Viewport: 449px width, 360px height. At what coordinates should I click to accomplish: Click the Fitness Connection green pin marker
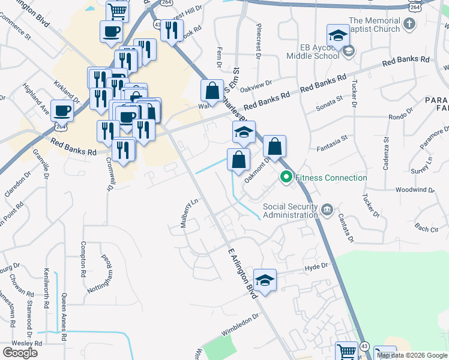(286, 178)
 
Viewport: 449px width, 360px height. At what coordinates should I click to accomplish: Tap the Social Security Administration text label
(291, 211)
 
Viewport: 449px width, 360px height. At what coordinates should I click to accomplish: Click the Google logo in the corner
(20, 353)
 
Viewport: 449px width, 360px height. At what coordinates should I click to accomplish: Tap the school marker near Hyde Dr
(265, 280)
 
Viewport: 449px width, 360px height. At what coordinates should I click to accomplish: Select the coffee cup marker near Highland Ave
(62, 110)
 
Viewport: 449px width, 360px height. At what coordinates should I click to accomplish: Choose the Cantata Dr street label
(345, 227)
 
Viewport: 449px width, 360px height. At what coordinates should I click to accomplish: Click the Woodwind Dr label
(415, 190)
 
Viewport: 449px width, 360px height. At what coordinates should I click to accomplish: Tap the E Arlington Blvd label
(243, 273)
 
